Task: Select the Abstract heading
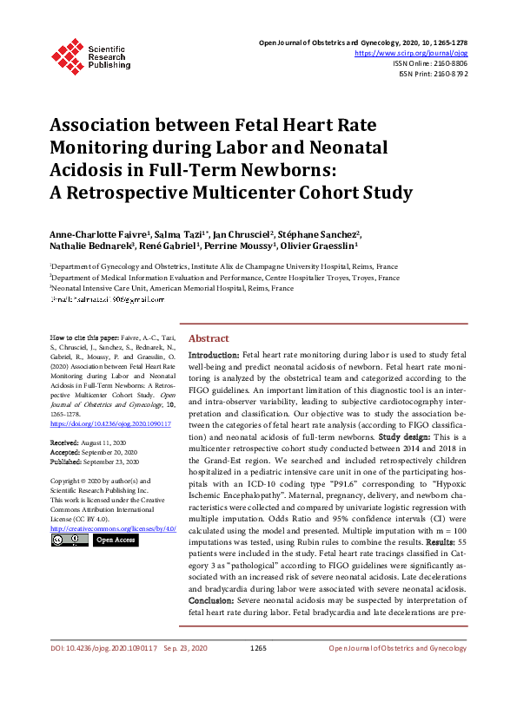209,338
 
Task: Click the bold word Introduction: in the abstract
214,356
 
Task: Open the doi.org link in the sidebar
109,424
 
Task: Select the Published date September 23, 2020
113,461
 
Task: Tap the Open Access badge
116,540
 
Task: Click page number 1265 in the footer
258,672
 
